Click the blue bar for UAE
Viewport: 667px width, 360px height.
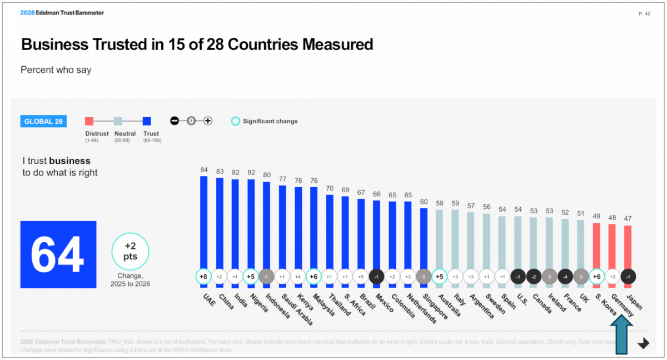point(203,222)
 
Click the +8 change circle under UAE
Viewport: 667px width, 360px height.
point(203,276)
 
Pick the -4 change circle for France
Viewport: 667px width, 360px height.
point(565,276)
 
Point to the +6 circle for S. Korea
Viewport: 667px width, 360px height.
point(596,276)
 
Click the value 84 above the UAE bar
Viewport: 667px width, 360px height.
point(203,169)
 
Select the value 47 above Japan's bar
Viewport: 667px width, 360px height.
point(628,219)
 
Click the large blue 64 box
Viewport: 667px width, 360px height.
point(58,254)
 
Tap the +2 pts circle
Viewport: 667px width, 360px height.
point(131,252)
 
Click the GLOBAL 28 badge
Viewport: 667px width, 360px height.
point(43,121)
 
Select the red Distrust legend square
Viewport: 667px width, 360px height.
point(89,121)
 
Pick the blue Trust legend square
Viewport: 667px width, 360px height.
point(147,121)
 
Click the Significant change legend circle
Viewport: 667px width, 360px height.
point(236,121)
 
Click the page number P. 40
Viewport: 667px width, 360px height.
point(644,14)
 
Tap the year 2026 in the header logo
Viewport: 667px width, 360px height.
point(27,13)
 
